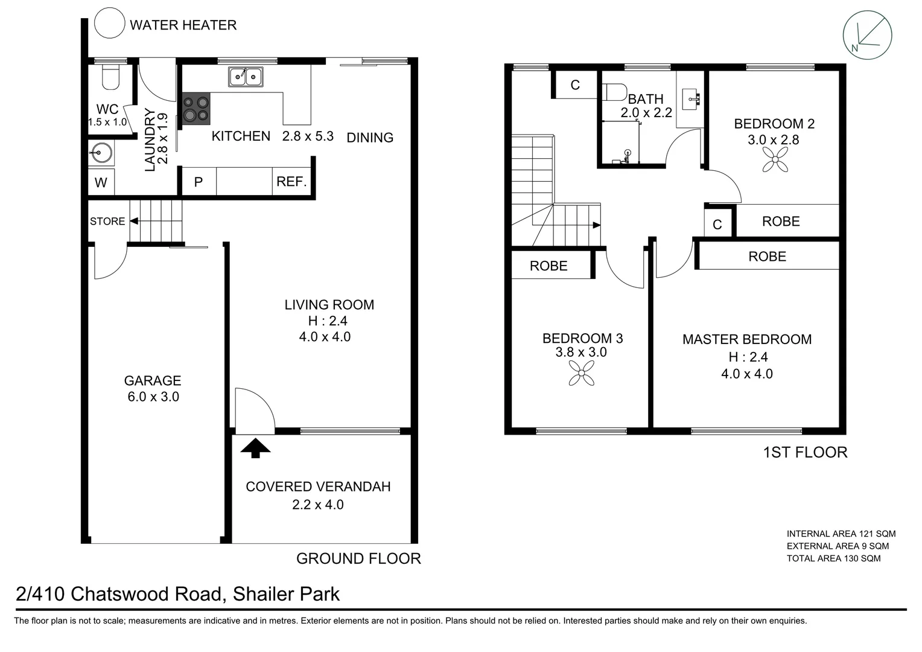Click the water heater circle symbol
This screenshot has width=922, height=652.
click(109, 23)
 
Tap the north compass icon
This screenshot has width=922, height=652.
click(867, 36)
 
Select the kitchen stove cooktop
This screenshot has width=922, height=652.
click(196, 108)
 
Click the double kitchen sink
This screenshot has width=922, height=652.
click(246, 77)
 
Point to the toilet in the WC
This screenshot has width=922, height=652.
click(110, 77)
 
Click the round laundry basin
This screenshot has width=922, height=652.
click(100, 153)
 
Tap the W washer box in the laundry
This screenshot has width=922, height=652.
click(101, 182)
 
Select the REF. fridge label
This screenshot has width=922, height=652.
click(291, 181)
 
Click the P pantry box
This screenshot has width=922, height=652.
click(199, 181)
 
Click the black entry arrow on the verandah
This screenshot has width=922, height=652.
click(255, 448)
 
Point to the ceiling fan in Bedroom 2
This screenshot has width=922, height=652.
click(775, 159)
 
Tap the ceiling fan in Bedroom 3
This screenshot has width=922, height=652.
click(581, 373)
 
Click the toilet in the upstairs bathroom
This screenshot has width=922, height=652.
click(614, 92)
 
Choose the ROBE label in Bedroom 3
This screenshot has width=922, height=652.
click(548, 266)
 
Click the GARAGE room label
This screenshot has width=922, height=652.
click(153, 380)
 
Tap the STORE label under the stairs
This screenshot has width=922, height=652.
click(107, 221)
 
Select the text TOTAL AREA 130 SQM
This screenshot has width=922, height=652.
click(833, 558)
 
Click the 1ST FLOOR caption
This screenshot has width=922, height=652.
click(805, 453)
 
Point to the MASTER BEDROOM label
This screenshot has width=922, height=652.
click(747, 339)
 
